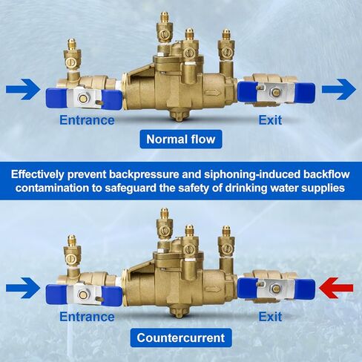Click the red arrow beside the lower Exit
(x=336, y=288)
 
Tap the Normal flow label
(x=181, y=139)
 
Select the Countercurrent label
(x=181, y=338)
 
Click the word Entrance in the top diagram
(x=87, y=120)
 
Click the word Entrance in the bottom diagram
(x=87, y=317)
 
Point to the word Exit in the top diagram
(x=270, y=120)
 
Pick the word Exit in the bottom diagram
(x=270, y=317)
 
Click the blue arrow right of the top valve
(x=339, y=89)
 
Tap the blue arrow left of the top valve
(x=23, y=89)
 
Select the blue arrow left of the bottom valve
(x=23, y=288)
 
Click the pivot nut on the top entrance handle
(x=83, y=99)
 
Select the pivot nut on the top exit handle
(x=276, y=92)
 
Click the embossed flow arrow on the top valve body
(x=211, y=93)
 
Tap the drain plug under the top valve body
(x=180, y=115)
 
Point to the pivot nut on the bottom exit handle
(x=276, y=288)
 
